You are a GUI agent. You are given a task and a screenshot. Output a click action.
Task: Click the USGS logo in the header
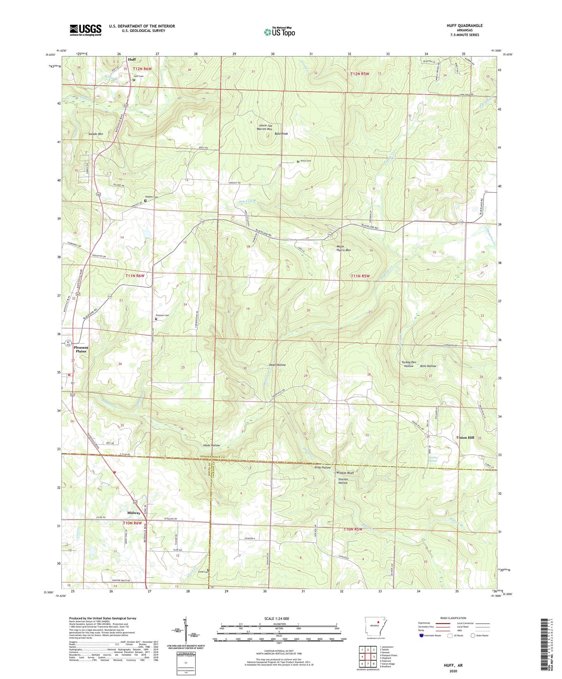tap(86, 30)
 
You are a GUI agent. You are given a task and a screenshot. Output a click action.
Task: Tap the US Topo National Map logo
tap(279, 32)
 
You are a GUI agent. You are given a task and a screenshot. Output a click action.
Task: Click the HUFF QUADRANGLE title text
tap(464, 26)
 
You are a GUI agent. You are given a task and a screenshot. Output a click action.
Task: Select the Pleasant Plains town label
tap(81, 349)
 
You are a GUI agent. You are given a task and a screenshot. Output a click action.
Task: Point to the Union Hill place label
tap(465, 437)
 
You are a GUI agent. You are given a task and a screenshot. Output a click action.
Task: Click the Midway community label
tap(134, 513)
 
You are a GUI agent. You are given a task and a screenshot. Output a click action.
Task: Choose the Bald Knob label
tap(281, 134)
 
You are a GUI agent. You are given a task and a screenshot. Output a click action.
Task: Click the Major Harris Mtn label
tap(343, 248)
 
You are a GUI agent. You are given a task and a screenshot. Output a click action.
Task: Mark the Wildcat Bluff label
tap(345, 473)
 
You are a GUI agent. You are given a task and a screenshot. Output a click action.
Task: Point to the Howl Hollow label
tap(277, 365)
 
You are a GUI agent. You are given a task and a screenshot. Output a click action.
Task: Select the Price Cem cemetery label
tap(306, 161)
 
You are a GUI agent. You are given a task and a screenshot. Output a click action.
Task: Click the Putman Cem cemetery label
tap(162, 315)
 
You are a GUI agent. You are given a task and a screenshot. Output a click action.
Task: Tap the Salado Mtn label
tap(96, 134)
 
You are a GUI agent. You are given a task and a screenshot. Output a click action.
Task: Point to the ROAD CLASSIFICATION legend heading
tap(453, 618)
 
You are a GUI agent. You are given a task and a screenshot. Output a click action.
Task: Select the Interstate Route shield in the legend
tap(422, 635)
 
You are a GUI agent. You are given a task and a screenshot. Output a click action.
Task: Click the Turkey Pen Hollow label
tap(409, 364)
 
